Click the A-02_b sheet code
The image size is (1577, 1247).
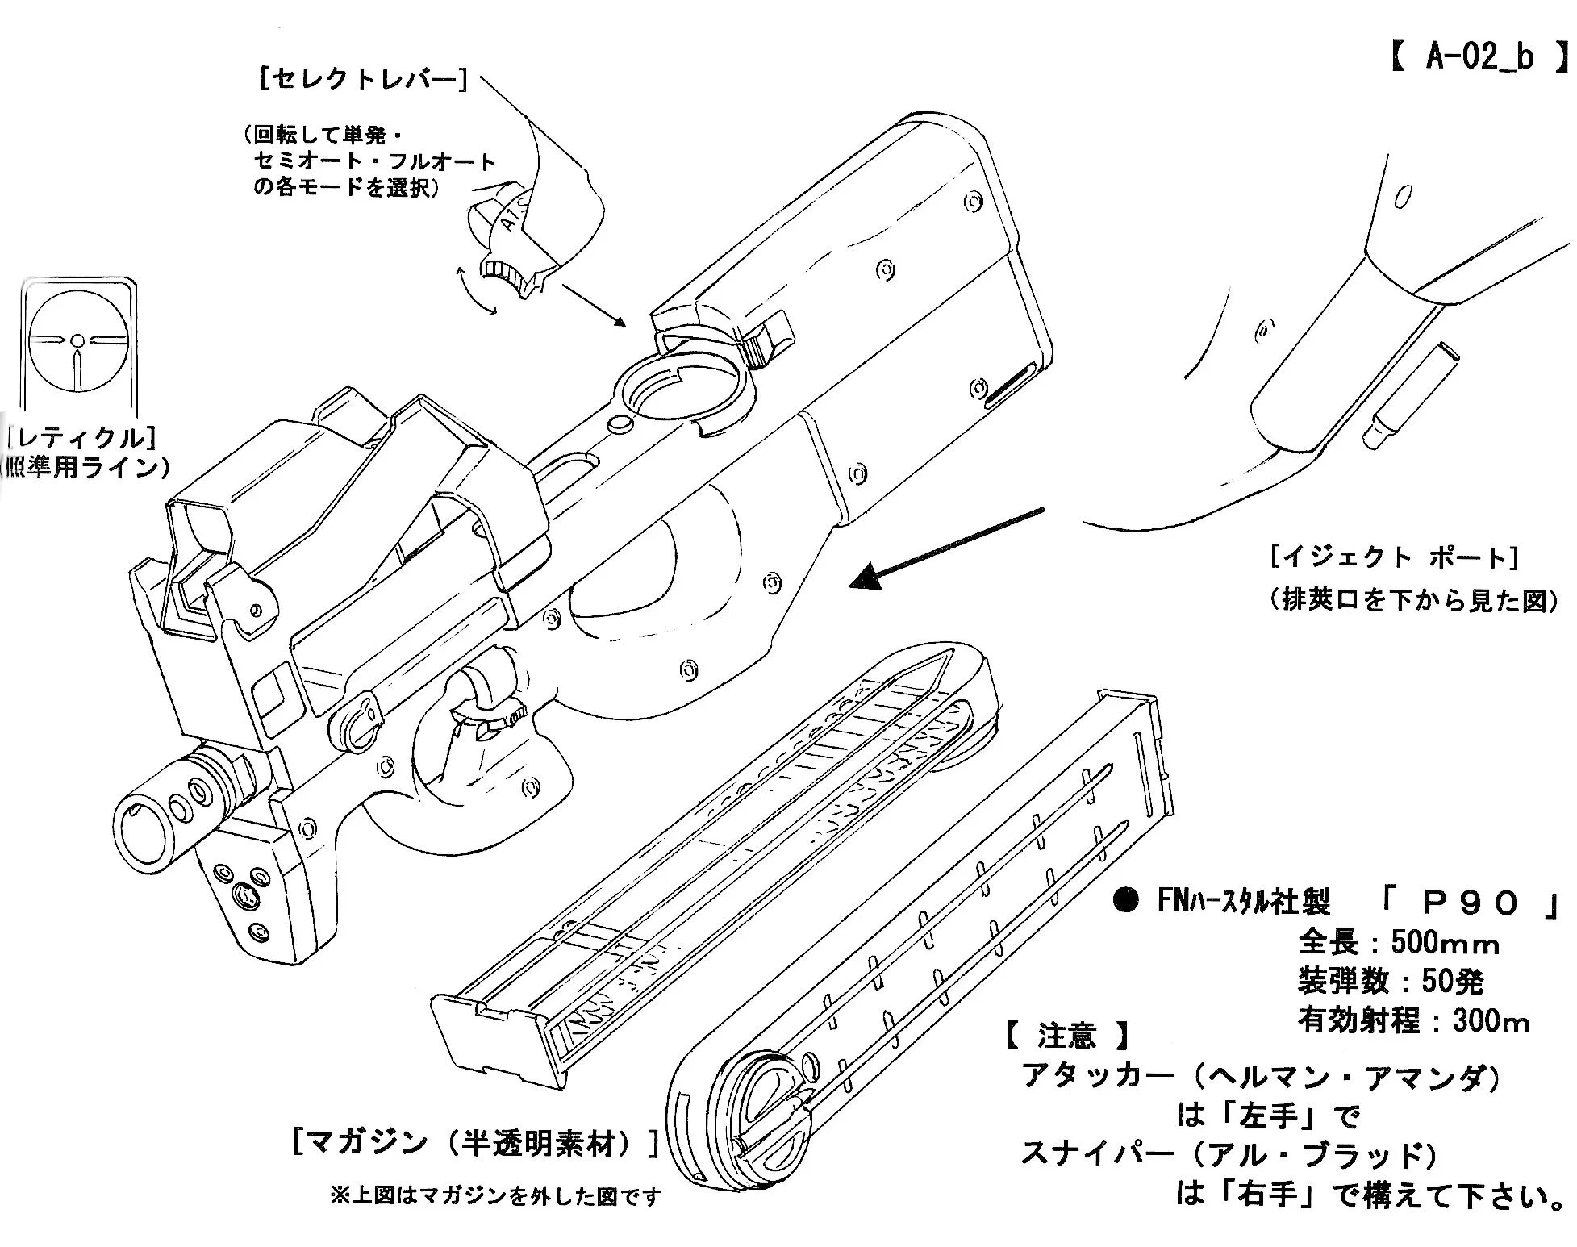coord(1479,58)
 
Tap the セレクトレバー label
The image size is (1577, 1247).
coord(363,78)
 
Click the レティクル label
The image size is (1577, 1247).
coord(81,438)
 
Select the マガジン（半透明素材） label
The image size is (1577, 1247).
coord(476,1143)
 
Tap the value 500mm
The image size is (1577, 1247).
coord(1445,943)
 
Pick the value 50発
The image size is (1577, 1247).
coord(1453,982)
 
